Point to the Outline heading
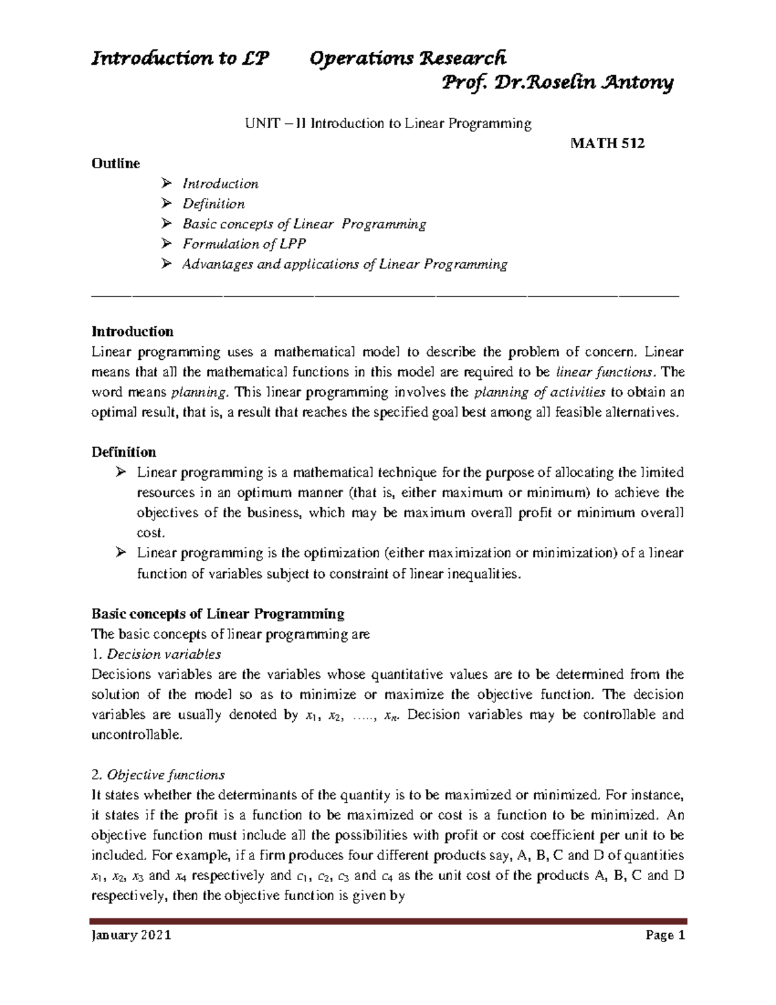[116, 163]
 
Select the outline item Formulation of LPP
[244, 244]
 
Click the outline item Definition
[213, 204]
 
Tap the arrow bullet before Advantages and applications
[167, 264]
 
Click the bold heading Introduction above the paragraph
[133, 331]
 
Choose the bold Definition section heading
[124, 452]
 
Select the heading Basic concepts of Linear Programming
[218, 613]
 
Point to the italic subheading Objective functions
[166, 775]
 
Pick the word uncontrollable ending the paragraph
[137, 734]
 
